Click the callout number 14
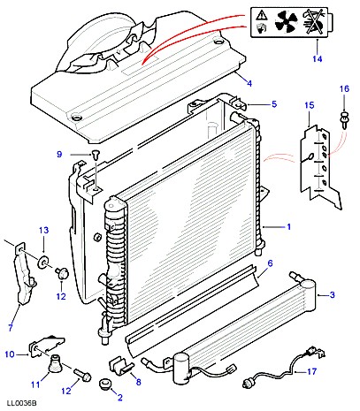coord(318,59)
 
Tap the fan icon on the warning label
coord(286,22)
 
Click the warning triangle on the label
coord(260,14)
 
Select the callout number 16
coord(344,88)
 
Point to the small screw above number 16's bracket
coord(344,119)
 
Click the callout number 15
coord(310,105)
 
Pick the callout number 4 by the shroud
coord(249,83)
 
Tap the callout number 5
coord(274,104)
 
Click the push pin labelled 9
coord(95,154)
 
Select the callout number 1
coord(289,226)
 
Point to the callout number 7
coord(11,327)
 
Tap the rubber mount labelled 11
coord(53,364)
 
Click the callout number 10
coord(10,354)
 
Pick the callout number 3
coord(333,294)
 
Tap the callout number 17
coord(311,371)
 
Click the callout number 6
coord(270,263)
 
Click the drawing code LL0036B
coord(21,403)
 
